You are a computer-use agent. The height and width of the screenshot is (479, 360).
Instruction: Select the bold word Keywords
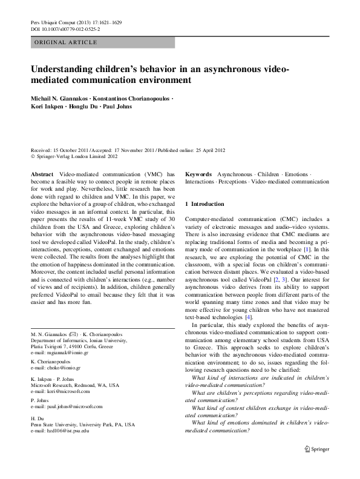(198, 174)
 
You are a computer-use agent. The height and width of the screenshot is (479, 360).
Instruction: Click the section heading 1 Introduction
(205, 204)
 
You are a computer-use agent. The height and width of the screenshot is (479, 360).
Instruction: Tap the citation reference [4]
(248, 317)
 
